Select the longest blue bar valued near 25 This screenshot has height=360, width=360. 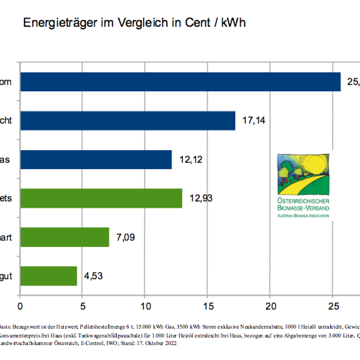click(x=180, y=82)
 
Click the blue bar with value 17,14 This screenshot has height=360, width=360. click(x=127, y=121)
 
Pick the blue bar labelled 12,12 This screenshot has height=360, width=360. click(x=96, y=159)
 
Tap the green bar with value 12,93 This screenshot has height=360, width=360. click(x=101, y=198)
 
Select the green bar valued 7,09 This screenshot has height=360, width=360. click(x=64, y=237)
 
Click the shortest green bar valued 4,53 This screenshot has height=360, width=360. click(x=49, y=275)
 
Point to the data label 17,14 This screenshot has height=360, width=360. click(x=254, y=121)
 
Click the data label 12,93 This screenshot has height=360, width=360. click(x=201, y=198)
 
